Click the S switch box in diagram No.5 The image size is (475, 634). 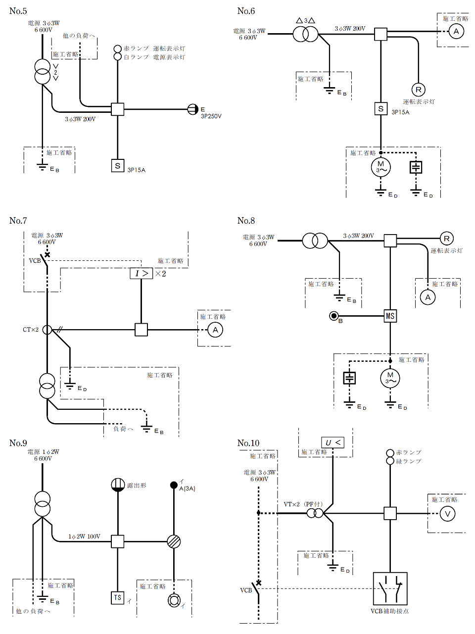point(117,166)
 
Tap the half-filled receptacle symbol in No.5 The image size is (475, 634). point(193,109)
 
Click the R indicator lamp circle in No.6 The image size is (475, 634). point(419,90)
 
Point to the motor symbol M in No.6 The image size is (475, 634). point(381,167)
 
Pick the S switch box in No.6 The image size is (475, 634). point(380,109)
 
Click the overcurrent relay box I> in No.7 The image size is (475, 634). point(141,272)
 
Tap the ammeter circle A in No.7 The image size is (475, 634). point(215,330)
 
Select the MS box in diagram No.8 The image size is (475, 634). point(390,315)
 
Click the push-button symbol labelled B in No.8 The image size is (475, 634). point(334,315)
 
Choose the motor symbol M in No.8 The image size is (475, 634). point(390,379)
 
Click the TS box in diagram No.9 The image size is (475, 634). point(117,597)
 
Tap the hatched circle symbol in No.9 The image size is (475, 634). point(174,541)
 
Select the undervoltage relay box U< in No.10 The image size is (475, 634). point(332,442)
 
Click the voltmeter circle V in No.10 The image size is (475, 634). point(448,514)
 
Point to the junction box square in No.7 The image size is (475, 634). point(141,330)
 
